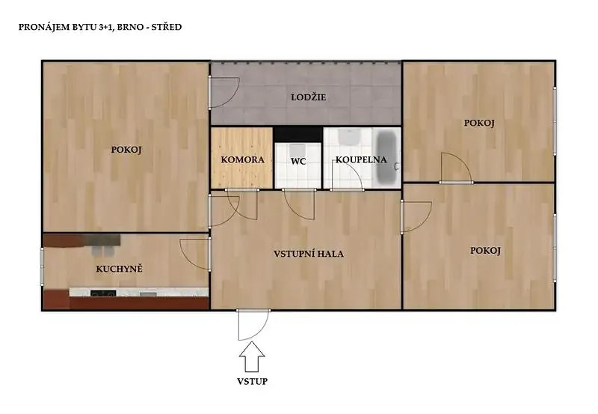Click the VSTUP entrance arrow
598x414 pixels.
[x=252, y=356]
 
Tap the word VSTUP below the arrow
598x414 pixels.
[x=252, y=381]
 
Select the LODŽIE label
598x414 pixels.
[x=308, y=97]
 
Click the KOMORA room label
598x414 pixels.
[x=242, y=159]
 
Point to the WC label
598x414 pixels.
[x=298, y=162]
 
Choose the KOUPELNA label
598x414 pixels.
[x=361, y=159]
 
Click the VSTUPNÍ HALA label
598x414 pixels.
[x=309, y=254]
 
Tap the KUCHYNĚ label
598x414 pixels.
[x=119, y=269]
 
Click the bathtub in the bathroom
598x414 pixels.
[x=386, y=157]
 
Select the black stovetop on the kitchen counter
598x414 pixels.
[x=103, y=293]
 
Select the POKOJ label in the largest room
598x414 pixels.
[x=126, y=150]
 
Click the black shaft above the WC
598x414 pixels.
[x=298, y=135]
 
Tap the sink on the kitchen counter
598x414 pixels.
[x=148, y=294]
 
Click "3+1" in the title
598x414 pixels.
[x=108, y=27]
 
